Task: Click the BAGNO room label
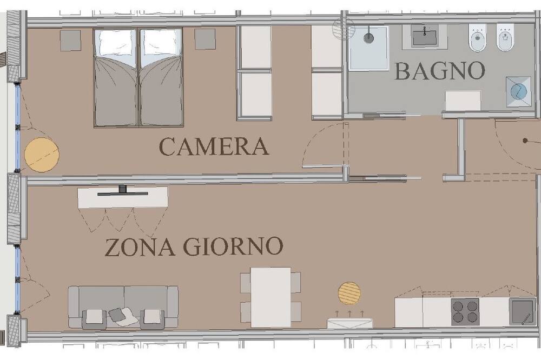point(439,71)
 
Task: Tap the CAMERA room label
point(214,146)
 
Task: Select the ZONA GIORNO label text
point(194,246)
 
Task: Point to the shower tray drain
point(368,38)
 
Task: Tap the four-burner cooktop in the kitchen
point(465,312)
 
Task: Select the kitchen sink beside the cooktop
point(523,311)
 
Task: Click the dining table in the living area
point(270,297)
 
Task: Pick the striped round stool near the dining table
point(349,293)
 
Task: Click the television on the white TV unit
point(122,192)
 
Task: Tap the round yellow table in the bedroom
point(42,155)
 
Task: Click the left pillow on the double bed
point(115,43)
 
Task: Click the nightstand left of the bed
point(70,41)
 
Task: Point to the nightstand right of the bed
point(205,39)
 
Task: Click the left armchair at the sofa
point(94,318)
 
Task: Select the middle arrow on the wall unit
point(349,314)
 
